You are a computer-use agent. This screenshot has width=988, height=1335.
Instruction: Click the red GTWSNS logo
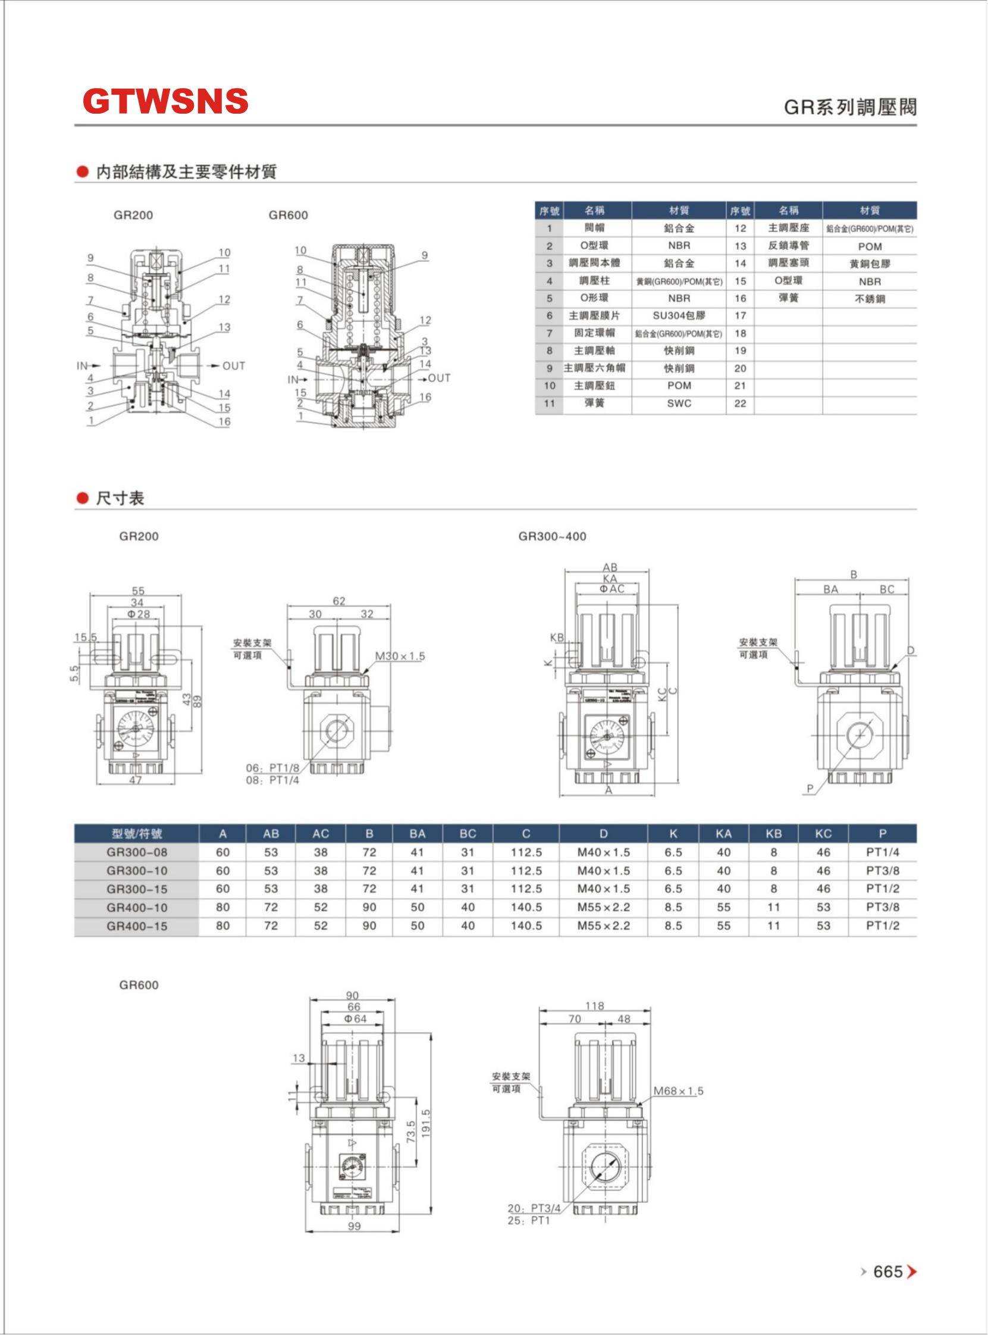point(165,101)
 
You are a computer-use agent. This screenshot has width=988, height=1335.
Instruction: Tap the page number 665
point(887,1271)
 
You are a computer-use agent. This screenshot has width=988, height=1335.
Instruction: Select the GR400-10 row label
point(136,908)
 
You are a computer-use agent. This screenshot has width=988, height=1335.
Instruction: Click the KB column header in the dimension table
point(773,833)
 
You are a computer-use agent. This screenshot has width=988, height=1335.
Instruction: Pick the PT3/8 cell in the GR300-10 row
point(882,871)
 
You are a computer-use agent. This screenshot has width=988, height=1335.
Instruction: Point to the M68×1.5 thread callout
point(678,1091)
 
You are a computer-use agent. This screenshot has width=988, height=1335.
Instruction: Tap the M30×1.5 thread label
point(400,656)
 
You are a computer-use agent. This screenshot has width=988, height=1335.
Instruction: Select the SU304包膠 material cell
point(679,315)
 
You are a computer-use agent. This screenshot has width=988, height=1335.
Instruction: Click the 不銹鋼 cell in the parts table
point(870,299)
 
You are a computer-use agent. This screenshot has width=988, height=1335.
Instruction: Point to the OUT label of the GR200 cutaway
point(233,365)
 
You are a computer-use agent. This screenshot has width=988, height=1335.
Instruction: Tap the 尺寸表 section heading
point(120,498)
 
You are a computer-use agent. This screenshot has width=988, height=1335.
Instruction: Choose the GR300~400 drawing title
point(552,536)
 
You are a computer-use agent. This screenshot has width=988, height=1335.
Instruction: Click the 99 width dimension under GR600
point(354,1226)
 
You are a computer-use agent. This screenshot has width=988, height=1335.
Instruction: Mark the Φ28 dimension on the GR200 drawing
point(138,614)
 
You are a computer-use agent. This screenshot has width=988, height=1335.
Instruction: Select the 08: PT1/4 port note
point(272,780)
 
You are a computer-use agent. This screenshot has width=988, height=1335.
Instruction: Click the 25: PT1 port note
point(528,1220)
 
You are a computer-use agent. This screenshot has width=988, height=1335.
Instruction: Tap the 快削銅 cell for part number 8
point(679,351)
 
